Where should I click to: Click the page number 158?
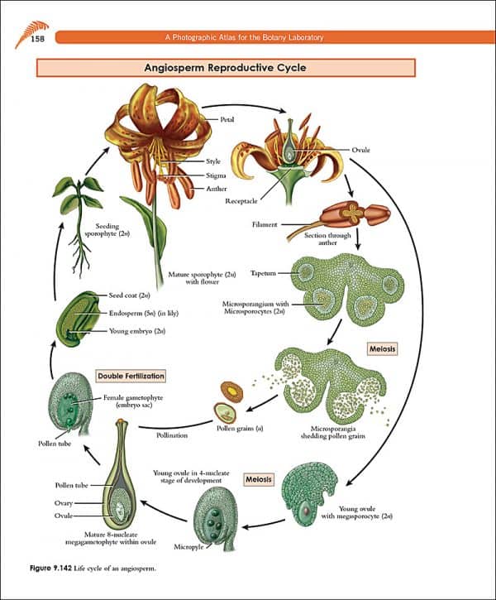pyautogui.click(x=38, y=39)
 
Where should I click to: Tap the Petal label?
pyautogui.click(x=227, y=120)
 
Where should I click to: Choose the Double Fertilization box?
pyautogui.click(x=131, y=376)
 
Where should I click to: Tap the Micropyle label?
pyautogui.click(x=188, y=547)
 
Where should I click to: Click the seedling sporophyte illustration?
pyautogui.click(x=82, y=215)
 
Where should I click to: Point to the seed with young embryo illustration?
pyautogui.click(x=73, y=315)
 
